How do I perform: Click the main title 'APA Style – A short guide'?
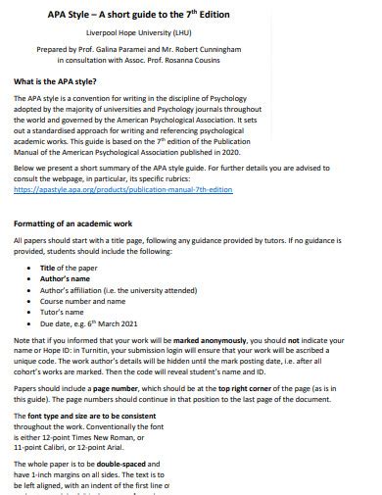(148, 15)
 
